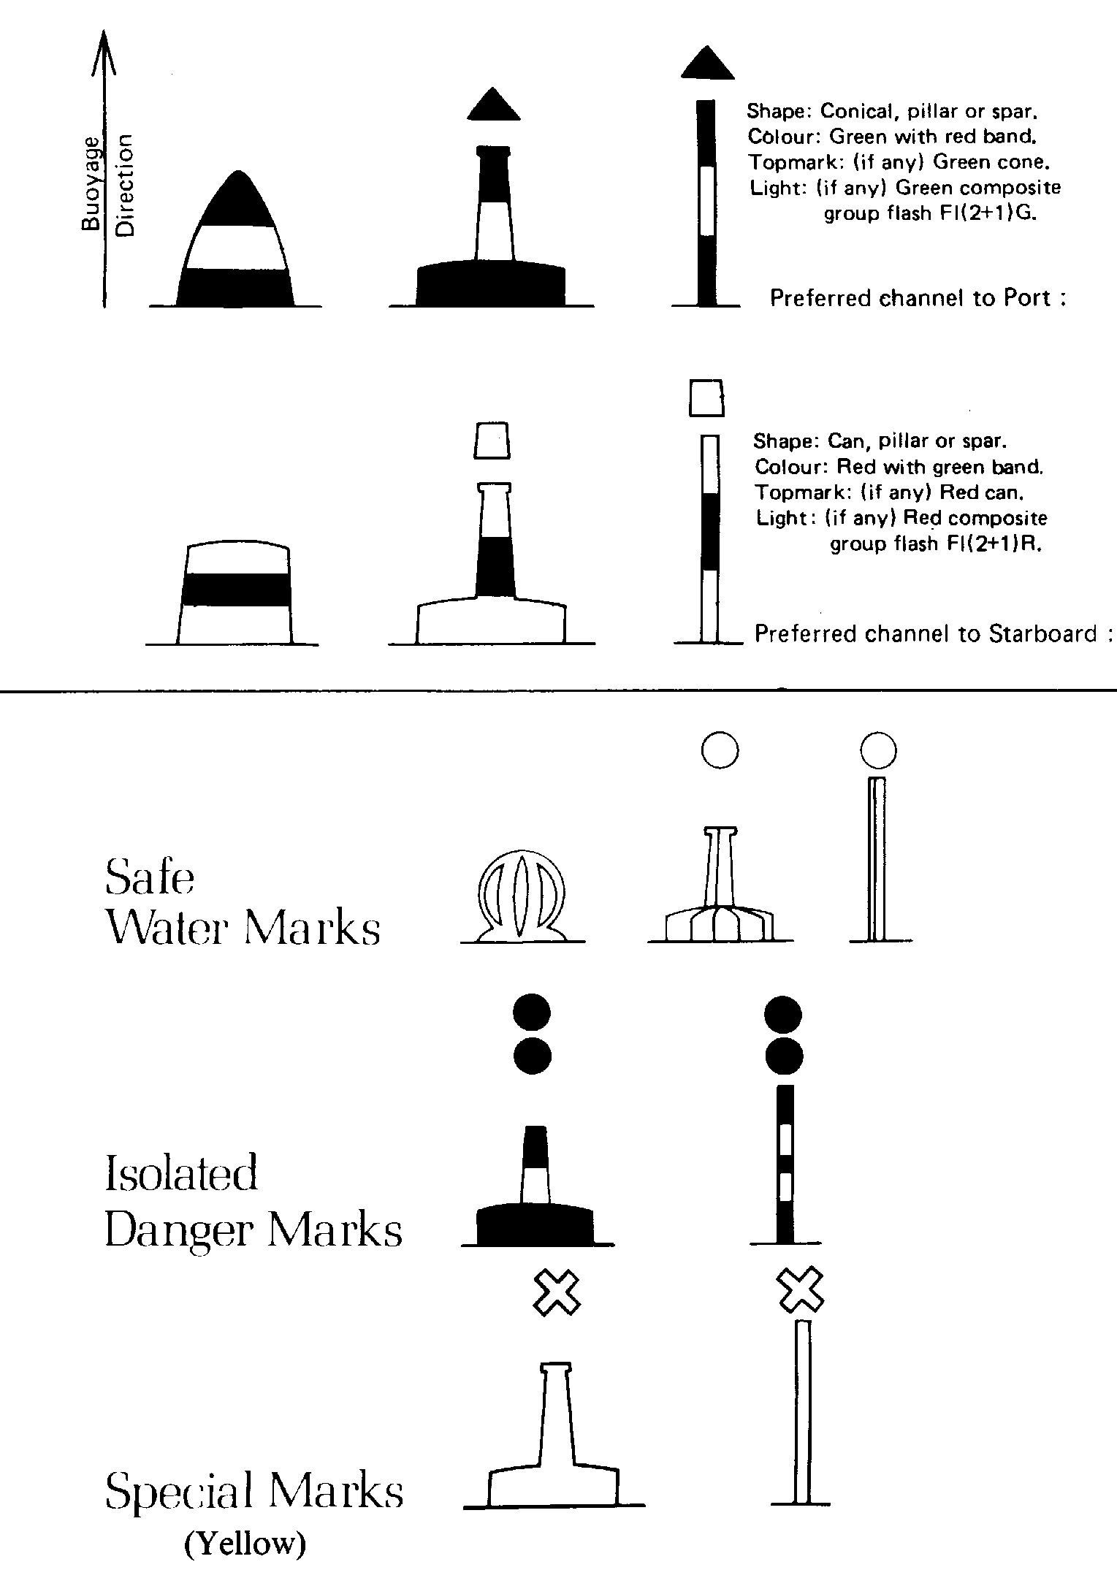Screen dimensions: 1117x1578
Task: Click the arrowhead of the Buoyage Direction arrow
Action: [x=104, y=51]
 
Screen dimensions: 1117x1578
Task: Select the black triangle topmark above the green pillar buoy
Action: [x=493, y=104]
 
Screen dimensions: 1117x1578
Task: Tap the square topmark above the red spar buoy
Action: [x=706, y=397]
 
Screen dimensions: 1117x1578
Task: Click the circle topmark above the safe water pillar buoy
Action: [x=720, y=750]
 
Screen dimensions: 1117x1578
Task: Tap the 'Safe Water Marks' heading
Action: [x=243, y=902]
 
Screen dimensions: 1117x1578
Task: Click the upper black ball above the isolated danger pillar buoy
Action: [x=533, y=1014]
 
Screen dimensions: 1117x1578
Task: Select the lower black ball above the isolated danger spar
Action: [x=784, y=1056]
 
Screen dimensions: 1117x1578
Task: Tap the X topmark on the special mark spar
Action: [x=799, y=1291]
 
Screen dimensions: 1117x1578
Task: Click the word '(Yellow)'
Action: [x=245, y=1544]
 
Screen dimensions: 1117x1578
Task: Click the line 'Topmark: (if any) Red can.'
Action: [x=887, y=492]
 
